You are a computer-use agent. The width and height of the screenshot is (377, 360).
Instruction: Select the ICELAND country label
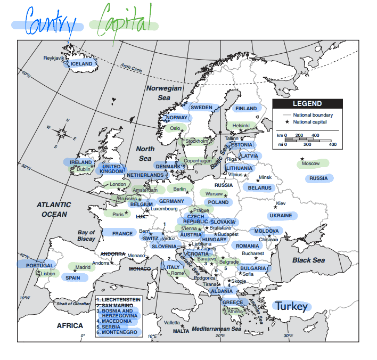tap(81, 64)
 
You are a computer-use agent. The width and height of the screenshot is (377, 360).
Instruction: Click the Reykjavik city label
tap(53, 58)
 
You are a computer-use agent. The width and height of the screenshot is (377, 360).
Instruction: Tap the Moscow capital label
tap(310, 163)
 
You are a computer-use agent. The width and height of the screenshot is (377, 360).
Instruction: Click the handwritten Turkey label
tap(291, 306)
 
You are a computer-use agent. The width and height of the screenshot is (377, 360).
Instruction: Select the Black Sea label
tap(308, 260)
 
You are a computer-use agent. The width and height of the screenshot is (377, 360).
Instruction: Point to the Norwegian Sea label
tap(164, 93)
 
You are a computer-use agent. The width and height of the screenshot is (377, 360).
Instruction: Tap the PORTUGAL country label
tap(39, 265)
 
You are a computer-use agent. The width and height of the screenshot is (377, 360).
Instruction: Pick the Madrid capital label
tap(83, 267)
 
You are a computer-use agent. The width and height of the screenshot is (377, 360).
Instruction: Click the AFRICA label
tap(70, 325)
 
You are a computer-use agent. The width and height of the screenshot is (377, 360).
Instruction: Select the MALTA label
tap(181, 331)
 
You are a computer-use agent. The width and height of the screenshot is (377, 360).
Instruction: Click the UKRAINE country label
tap(281, 216)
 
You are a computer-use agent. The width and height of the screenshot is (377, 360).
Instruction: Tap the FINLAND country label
tap(247, 109)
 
